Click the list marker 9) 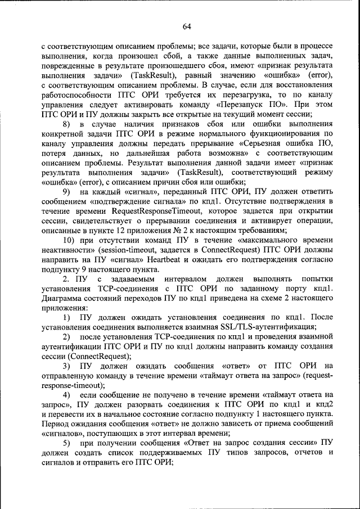coord(67,192)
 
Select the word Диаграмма coord(62,299)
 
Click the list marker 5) coord(67,444)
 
